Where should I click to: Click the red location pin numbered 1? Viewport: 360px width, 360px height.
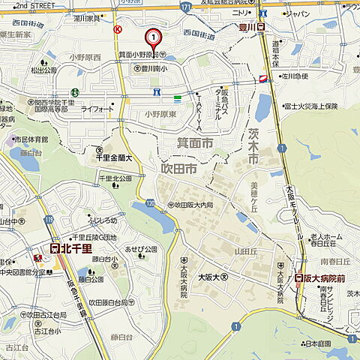point(153,37)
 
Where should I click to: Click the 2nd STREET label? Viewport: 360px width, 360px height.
point(34,4)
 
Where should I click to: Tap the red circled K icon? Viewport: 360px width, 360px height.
point(118,29)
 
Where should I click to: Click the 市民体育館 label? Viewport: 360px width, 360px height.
point(31,139)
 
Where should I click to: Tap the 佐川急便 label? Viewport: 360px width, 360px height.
point(296,76)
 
